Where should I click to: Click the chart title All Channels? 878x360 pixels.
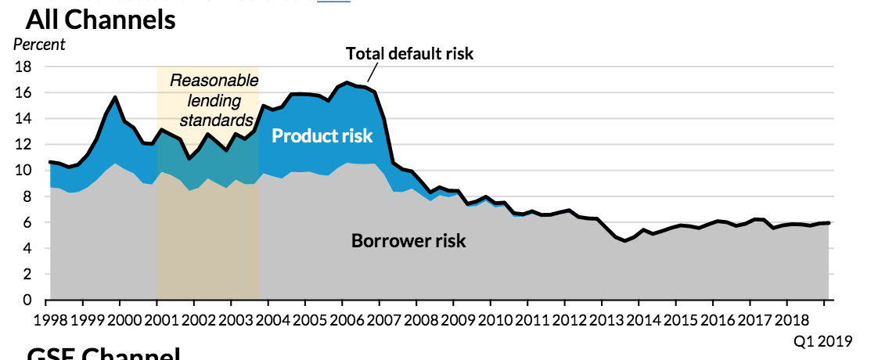tap(100, 20)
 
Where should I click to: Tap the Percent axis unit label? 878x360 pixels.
tap(39, 45)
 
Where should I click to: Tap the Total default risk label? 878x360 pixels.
tap(410, 54)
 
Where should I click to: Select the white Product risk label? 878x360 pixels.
tap(322, 136)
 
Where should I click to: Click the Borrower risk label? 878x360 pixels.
tap(408, 241)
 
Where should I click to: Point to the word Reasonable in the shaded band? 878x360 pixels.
tap(207, 80)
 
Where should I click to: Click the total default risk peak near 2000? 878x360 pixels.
tap(116, 97)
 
